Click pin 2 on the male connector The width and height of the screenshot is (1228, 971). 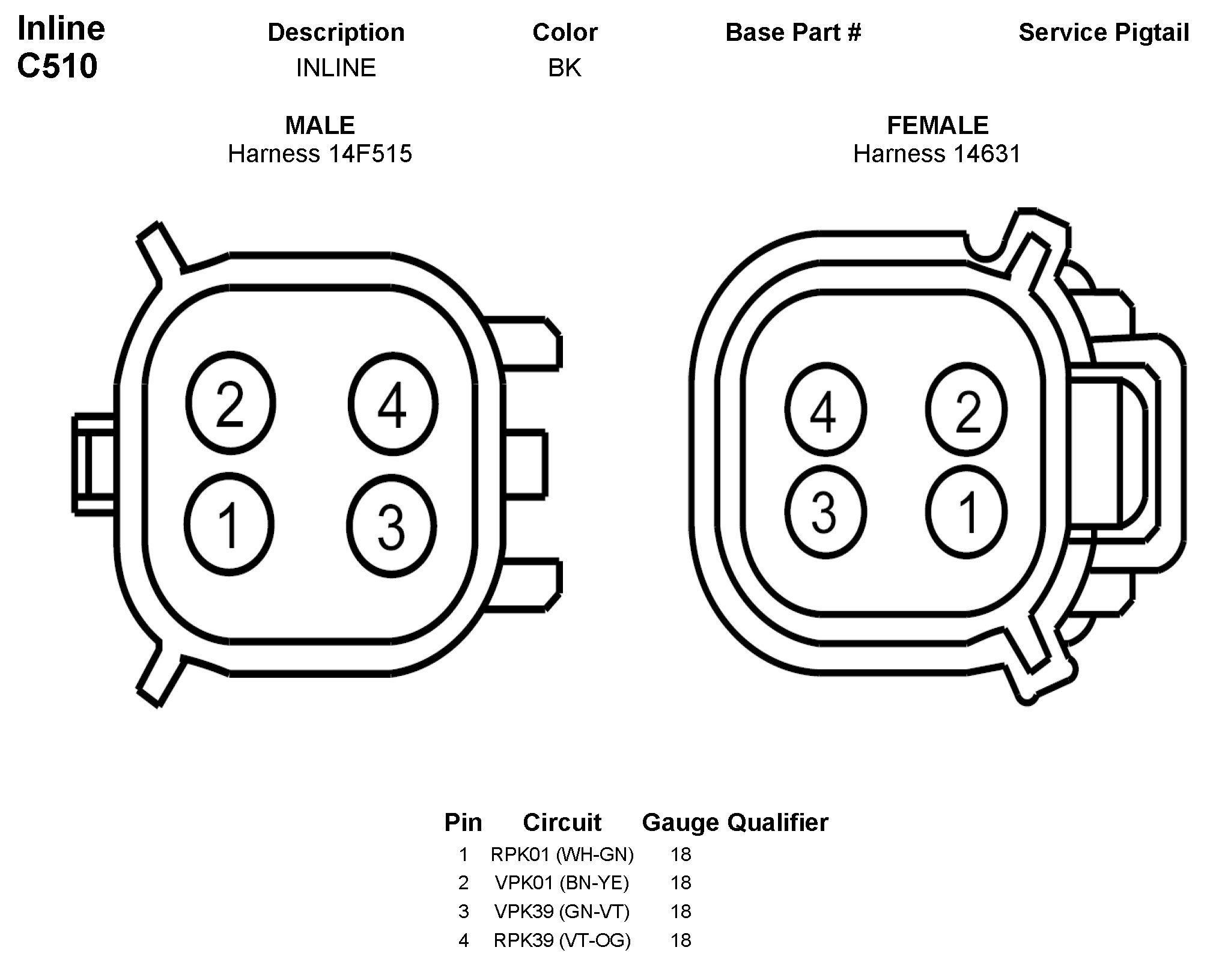click(x=230, y=403)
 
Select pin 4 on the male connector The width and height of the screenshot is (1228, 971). click(x=392, y=403)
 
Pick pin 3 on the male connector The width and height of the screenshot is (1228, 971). click(x=391, y=526)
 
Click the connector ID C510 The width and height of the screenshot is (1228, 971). click(x=58, y=66)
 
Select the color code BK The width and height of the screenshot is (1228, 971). click(x=564, y=68)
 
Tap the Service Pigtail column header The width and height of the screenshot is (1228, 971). click(x=1104, y=32)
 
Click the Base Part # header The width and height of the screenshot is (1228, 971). click(x=793, y=32)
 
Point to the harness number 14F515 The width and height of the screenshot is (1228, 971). click(x=369, y=154)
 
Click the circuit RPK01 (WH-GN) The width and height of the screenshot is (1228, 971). click(x=562, y=854)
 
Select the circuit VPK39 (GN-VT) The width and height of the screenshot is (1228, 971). click(x=562, y=912)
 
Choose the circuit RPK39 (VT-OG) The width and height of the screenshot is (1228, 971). click(x=562, y=940)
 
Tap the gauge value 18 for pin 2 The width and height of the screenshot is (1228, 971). click(x=681, y=883)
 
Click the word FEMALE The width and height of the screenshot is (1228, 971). click(x=937, y=126)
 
